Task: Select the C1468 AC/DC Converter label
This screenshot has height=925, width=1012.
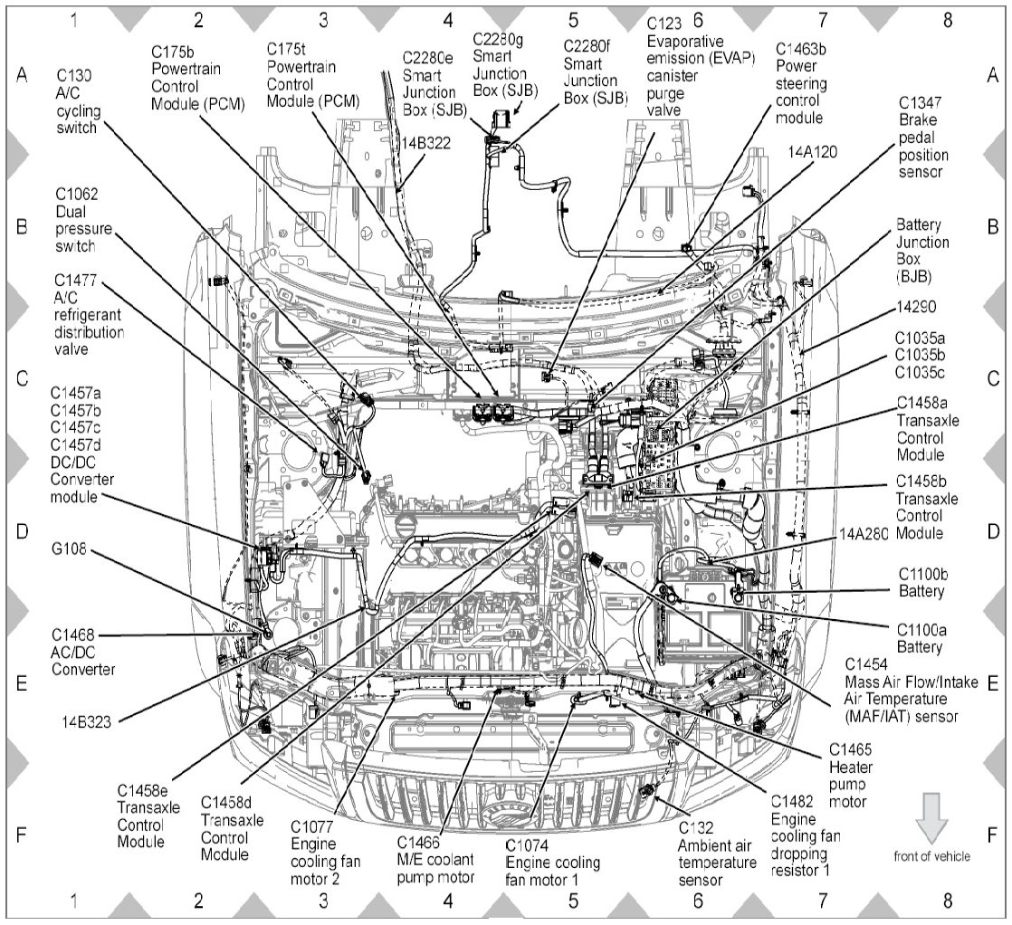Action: pyautogui.click(x=83, y=653)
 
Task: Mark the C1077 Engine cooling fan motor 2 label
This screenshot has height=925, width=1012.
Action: pyautogui.click(x=325, y=851)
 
